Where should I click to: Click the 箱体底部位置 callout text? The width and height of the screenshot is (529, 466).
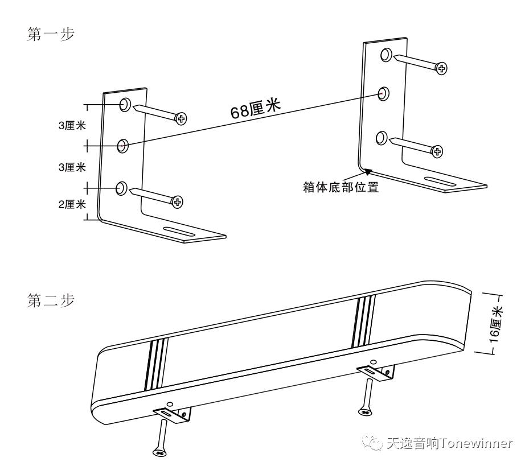[x=341, y=187]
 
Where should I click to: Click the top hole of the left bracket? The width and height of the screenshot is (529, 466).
[x=125, y=104]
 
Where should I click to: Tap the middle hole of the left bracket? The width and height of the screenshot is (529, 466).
[x=122, y=146]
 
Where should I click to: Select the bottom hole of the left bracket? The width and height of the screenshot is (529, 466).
[x=121, y=189]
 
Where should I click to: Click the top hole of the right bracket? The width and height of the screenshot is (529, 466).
[x=387, y=55]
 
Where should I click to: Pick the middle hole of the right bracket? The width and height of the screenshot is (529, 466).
[x=384, y=93]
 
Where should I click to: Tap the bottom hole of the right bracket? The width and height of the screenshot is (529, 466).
[x=383, y=137]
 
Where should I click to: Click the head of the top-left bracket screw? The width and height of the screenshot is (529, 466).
[x=181, y=118]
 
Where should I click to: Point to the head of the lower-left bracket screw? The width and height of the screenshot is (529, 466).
[x=178, y=201]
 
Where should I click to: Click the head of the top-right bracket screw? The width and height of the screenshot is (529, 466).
[x=441, y=68]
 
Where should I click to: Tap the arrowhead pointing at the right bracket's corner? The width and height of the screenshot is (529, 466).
[x=368, y=170]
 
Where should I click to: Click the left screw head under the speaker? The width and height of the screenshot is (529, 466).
[x=160, y=452]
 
